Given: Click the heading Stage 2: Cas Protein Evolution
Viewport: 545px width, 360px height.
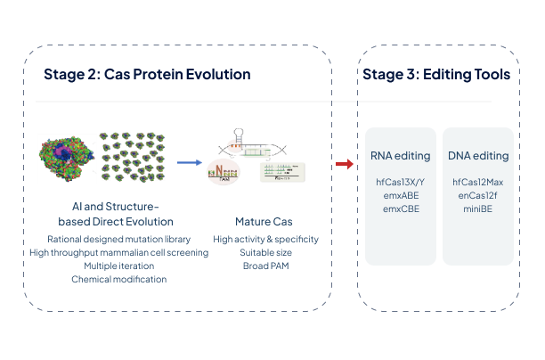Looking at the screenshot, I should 146,74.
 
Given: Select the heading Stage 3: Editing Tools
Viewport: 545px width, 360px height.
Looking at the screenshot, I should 436,74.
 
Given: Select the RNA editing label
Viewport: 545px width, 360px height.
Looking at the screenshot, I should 401,156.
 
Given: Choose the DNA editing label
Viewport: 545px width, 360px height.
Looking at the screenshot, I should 478,156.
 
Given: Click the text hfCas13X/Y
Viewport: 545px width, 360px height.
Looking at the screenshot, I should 401,183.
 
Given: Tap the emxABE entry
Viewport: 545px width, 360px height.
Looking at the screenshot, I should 401,195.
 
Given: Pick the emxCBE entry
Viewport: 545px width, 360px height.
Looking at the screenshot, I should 401,209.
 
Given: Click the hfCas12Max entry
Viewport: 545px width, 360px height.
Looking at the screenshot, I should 478,183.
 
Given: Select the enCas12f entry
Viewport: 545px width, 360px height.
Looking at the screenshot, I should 478,195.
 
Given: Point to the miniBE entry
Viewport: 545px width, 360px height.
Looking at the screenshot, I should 478,209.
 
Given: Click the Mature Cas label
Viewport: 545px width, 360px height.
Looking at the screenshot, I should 259,221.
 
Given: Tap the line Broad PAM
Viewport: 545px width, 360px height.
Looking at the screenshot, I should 259,266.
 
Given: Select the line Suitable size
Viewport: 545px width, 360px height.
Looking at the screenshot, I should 259,252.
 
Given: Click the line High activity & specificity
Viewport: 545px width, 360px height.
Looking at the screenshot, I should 259,239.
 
